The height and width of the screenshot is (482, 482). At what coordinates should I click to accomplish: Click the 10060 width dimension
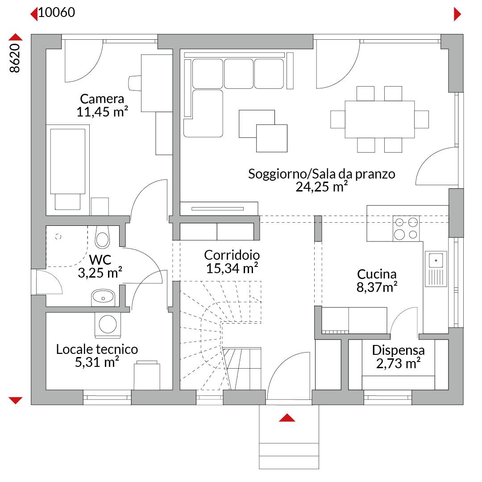click(57, 12)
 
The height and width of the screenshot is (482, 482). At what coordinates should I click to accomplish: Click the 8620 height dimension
click(14, 58)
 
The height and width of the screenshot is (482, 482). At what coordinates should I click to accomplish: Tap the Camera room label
click(102, 99)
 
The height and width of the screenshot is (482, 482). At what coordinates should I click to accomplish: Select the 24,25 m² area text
click(322, 187)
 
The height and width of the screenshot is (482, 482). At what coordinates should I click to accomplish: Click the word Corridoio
click(232, 255)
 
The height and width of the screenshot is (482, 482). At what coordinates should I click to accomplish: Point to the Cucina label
click(377, 274)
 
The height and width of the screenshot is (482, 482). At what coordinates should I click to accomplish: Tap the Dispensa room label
click(398, 350)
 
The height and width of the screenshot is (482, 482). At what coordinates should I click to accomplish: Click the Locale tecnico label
click(97, 349)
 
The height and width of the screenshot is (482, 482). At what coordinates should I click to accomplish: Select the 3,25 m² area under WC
click(100, 273)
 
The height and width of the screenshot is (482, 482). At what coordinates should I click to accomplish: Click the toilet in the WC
click(102, 237)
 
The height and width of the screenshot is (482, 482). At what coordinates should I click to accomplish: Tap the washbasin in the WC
click(103, 298)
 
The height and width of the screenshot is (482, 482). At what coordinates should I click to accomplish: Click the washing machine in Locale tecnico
click(108, 325)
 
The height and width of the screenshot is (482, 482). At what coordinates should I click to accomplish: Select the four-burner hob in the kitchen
click(406, 229)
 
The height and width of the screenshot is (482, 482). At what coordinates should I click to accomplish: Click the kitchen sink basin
click(436, 260)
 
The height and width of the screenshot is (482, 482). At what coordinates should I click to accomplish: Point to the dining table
click(380, 119)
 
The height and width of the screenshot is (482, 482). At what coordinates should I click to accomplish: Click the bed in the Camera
click(68, 167)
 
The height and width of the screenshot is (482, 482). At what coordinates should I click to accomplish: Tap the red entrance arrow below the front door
click(287, 417)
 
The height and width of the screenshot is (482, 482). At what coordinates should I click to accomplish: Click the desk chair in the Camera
click(135, 83)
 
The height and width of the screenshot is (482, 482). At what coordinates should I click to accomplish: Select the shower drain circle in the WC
click(58, 237)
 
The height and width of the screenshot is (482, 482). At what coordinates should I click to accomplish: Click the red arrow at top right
click(457, 14)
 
